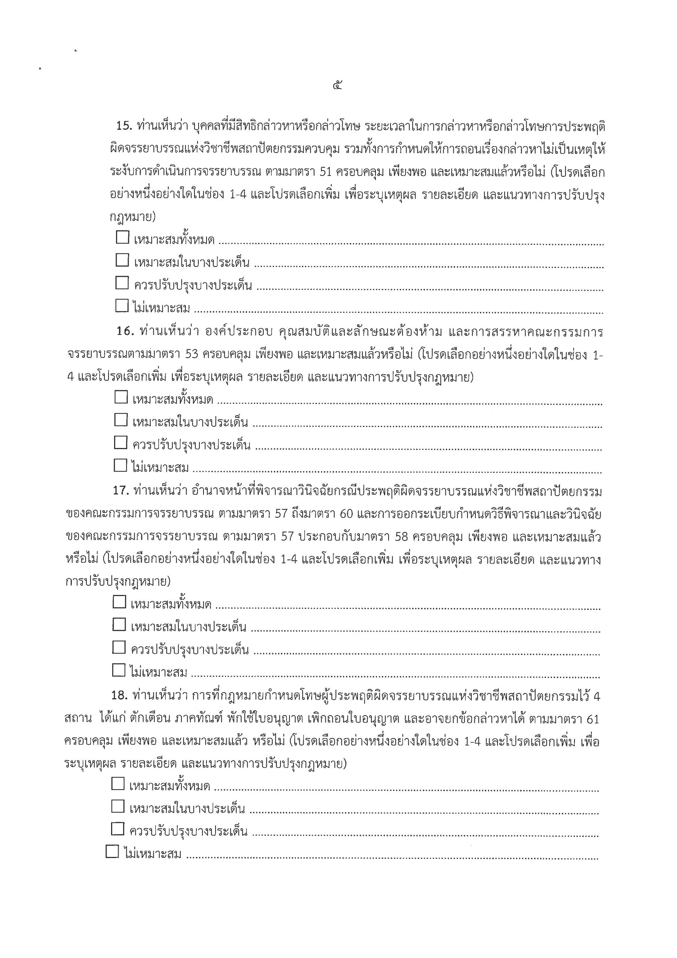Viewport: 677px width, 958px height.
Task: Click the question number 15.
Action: [x=124, y=126]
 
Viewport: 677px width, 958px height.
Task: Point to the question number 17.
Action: [x=120, y=491]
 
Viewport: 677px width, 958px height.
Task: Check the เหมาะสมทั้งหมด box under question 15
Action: [x=122, y=237]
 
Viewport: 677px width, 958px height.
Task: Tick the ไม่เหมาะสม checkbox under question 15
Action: [x=122, y=306]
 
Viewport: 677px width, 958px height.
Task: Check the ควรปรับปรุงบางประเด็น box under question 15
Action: [x=122, y=283]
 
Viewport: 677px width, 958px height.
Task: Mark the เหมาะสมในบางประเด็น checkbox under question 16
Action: [x=120, y=419]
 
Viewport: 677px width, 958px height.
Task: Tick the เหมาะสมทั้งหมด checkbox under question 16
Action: [x=121, y=397]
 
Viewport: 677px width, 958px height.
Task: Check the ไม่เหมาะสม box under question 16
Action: [x=120, y=465]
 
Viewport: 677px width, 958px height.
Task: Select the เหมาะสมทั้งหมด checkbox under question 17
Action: [x=119, y=602]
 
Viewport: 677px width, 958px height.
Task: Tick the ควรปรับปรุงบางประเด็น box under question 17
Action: [x=119, y=647]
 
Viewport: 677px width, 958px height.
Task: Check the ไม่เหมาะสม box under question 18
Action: [x=112, y=851]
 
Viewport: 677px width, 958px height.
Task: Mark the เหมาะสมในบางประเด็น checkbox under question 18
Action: [x=117, y=806]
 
